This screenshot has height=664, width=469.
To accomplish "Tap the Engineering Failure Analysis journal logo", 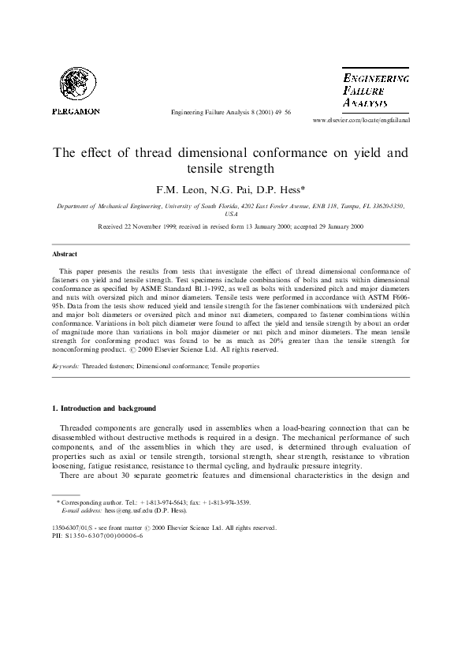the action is pyautogui.click(x=376, y=90).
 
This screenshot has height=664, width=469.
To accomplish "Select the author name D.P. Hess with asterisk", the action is pyautogui.click(x=281, y=190).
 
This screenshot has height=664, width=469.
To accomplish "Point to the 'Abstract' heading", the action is pyautogui.click(x=65, y=255).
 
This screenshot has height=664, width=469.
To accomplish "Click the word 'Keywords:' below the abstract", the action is pyautogui.click(x=66, y=367).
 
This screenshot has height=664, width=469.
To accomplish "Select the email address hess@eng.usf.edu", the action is pyautogui.click(x=124, y=510).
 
